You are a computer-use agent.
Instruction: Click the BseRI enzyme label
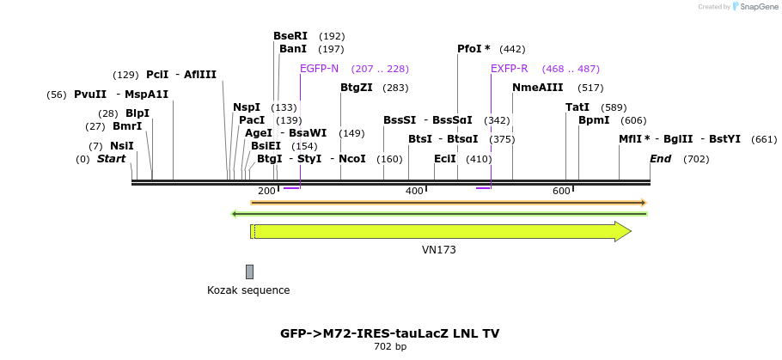290,36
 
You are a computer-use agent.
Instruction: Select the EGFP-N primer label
319,69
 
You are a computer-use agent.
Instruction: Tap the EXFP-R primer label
509,69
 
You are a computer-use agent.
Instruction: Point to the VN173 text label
438,250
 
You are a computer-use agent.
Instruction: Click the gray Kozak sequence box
249,272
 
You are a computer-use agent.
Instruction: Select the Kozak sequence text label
248,290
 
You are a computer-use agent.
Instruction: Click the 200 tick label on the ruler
266,191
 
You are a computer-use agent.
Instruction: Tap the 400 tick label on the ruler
414,191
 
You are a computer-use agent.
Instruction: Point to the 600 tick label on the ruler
561,191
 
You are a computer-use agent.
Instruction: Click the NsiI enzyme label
121,146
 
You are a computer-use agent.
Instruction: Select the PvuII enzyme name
90,95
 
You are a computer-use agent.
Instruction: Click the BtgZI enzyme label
356,88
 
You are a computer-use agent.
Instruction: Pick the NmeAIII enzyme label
537,88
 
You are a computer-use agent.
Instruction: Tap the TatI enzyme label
577,107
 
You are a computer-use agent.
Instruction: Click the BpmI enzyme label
593,120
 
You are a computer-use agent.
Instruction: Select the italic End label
660,159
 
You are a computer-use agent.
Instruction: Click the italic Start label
111,159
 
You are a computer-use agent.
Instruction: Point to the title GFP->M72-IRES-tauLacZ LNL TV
389,333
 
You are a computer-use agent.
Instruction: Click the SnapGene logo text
755,7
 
